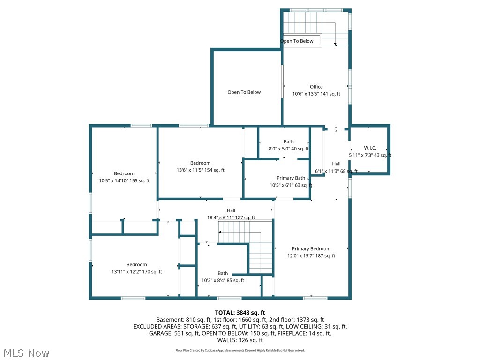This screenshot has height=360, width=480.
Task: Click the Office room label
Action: click(316, 87)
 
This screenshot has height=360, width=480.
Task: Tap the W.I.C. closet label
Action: click(370, 148)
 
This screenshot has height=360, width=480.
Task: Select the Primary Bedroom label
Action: click(311, 249)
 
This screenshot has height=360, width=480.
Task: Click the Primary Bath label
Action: click(291, 178)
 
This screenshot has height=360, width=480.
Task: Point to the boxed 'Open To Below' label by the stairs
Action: click(297, 41)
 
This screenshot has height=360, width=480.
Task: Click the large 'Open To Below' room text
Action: click(244, 92)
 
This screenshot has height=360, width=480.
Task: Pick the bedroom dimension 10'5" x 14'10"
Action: click(124, 181)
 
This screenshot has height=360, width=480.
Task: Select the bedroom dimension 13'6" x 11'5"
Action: click(200, 170)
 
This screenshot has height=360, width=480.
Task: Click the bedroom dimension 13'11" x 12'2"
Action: click(136, 272)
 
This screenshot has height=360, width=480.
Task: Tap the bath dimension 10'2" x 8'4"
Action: click(223, 281)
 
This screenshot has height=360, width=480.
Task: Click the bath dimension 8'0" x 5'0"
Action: click(288, 149)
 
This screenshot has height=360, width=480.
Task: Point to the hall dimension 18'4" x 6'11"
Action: click(231, 217)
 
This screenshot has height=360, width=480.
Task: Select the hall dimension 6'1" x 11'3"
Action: click(336, 171)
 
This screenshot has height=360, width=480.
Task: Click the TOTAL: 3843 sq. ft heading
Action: click(240, 313)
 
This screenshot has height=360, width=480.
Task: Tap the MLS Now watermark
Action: click(26, 352)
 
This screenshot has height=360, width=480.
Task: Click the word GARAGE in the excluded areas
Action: click(145, 334)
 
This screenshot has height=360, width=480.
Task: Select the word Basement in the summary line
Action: click(169, 320)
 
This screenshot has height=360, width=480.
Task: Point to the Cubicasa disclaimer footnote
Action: click(240, 350)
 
